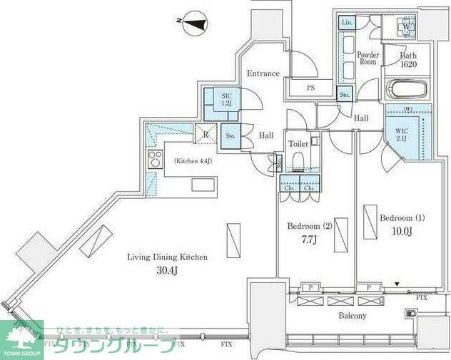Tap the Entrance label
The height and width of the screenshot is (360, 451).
(x=263, y=73)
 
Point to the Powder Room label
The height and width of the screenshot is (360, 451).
(x=368, y=58)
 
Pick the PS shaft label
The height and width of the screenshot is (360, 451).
(x=310, y=88)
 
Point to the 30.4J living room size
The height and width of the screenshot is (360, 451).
(x=168, y=271)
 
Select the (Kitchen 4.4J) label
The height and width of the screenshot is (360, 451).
(x=192, y=160)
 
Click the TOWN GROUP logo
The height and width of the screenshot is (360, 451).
(x=21, y=339)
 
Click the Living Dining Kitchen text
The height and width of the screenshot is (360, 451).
(x=167, y=257)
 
